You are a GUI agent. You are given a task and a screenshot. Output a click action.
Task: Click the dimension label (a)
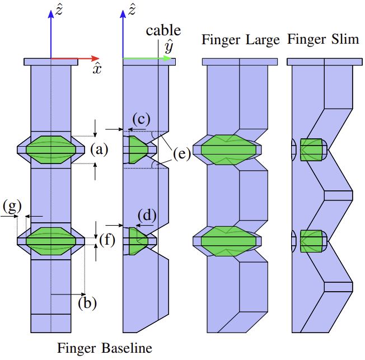(x=99, y=149)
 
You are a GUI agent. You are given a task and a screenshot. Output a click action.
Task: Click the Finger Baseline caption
(x=105, y=348)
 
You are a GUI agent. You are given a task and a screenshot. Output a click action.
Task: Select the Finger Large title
(x=241, y=40)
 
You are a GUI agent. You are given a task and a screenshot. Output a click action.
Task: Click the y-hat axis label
(x=168, y=48)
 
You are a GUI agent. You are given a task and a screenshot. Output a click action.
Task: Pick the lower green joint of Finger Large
(x=229, y=241)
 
